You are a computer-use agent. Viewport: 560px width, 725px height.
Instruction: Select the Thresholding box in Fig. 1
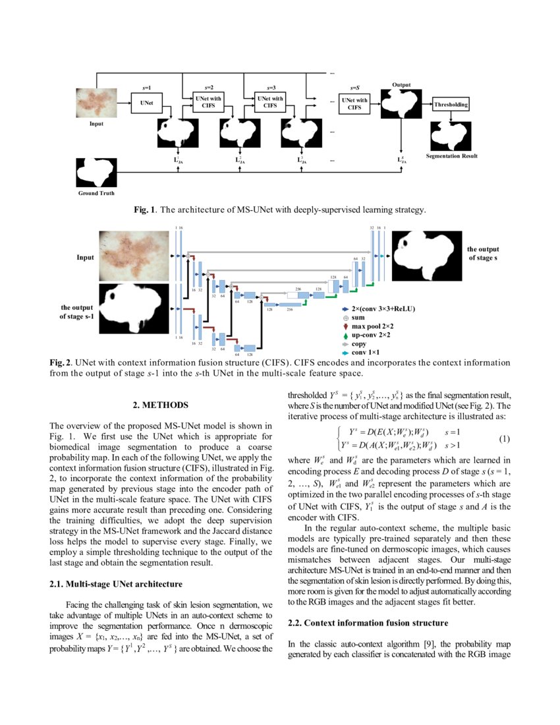(x=451, y=105)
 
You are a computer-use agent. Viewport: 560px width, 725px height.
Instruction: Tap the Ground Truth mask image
(x=96, y=173)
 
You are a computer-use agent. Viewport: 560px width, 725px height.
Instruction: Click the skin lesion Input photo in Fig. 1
(x=96, y=103)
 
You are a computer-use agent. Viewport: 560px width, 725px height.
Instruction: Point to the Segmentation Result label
(x=451, y=156)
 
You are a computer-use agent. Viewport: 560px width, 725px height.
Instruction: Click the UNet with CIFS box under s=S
(x=354, y=103)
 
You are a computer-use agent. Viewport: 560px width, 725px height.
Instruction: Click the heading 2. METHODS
(x=160, y=405)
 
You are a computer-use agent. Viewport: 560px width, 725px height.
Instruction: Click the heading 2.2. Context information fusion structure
(x=369, y=623)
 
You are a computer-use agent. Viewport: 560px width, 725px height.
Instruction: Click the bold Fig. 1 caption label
(x=144, y=210)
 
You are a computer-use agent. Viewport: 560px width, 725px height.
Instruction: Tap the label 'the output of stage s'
(x=484, y=254)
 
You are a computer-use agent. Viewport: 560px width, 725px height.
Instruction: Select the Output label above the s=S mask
(x=401, y=85)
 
